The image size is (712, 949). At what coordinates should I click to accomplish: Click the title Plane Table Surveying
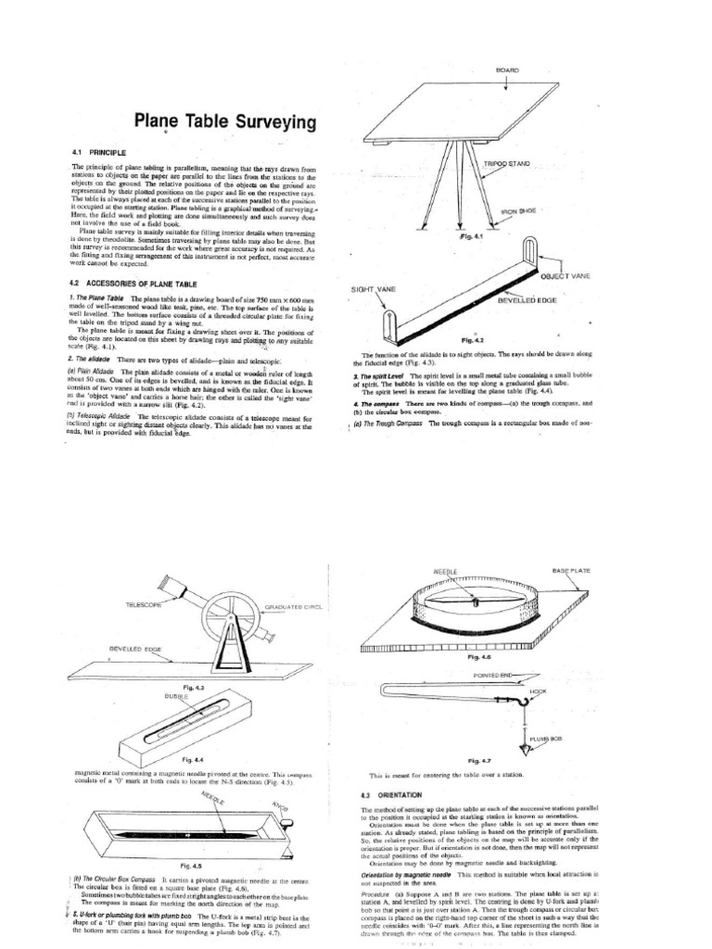pos(212,121)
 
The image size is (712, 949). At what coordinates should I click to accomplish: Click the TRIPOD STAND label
pos(508,164)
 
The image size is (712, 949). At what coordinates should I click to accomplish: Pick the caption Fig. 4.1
pos(472,237)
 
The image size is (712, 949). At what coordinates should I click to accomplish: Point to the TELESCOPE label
pos(145,603)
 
